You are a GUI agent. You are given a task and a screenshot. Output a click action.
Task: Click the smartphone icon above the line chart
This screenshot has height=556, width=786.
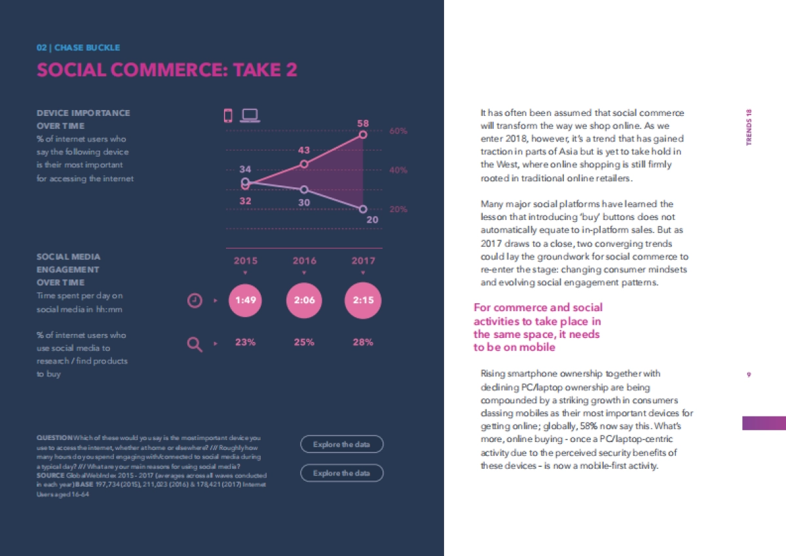point(228,116)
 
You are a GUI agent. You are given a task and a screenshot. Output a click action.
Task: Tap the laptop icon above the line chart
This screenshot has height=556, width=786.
point(250,116)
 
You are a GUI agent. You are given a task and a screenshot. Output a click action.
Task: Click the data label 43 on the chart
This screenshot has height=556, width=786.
point(304,150)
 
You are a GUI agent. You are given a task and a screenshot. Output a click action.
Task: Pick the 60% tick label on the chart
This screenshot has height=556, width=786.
point(398,131)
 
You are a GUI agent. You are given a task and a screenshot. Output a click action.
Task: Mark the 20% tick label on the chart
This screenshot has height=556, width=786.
point(398,210)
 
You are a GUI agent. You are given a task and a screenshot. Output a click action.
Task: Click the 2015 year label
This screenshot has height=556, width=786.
point(246,261)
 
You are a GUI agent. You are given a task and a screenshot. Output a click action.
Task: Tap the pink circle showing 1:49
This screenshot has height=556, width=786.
point(245,301)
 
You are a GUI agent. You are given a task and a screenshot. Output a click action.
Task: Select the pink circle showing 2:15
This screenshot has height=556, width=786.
point(363,301)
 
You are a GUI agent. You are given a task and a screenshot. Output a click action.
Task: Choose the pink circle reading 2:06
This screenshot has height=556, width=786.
point(304,301)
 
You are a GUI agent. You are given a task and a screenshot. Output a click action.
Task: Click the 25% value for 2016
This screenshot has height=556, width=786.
point(304,342)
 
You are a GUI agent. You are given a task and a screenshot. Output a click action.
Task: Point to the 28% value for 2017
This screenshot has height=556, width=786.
point(363,342)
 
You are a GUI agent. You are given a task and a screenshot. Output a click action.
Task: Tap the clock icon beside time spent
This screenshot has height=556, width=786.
point(195,301)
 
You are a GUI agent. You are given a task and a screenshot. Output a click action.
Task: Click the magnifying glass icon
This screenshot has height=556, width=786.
point(195,343)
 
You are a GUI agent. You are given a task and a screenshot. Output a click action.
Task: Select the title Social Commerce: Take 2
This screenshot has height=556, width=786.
point(167,70)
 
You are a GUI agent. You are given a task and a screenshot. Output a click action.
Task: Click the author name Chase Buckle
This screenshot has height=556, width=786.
point(87,48)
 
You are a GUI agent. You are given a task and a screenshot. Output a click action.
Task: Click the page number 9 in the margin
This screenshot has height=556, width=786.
point(749,375)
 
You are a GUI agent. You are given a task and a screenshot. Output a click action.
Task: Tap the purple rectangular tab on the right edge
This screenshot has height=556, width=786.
point(764,423)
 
